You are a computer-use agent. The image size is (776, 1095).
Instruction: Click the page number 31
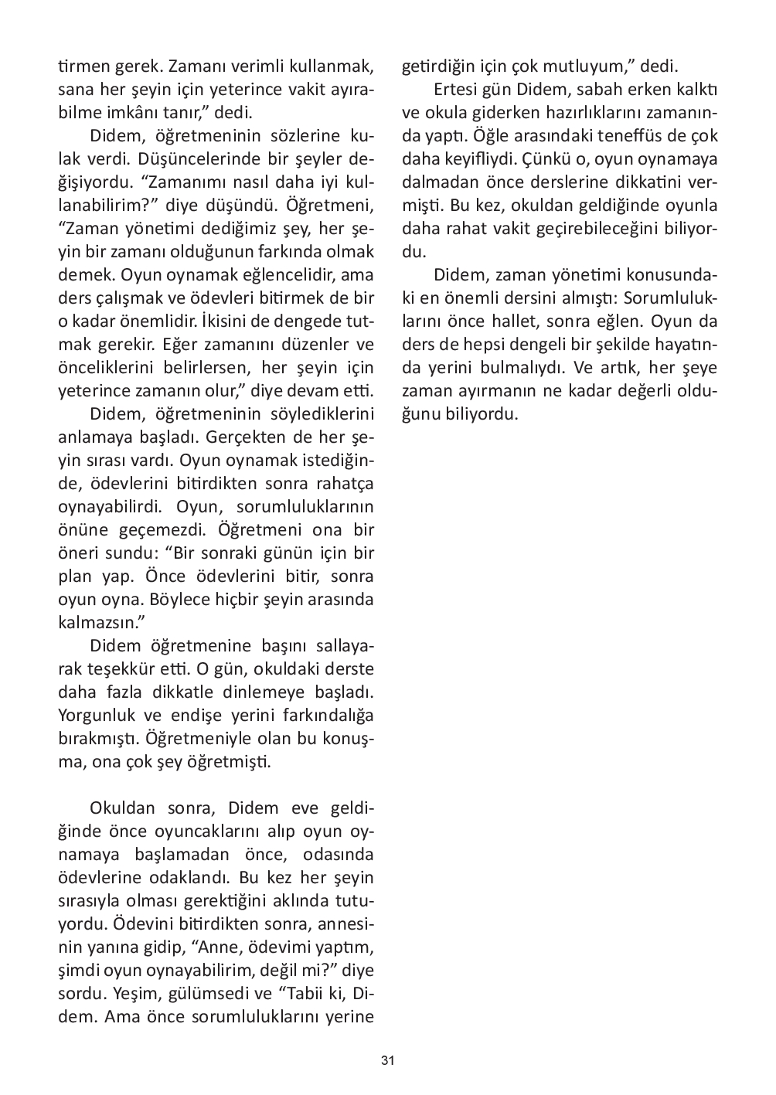point(388,1060)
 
